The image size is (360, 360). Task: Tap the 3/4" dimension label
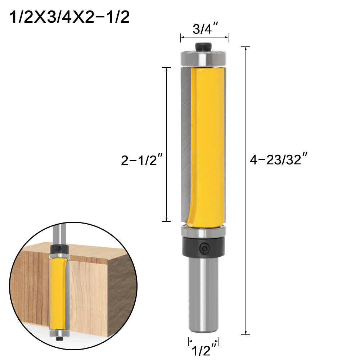click(204, 29)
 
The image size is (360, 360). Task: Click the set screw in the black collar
click(204, 247)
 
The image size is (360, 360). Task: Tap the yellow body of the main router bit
click(207, 144)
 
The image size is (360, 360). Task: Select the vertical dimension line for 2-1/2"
click(166, 108)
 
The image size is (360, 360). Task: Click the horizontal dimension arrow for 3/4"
click(204, 37)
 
